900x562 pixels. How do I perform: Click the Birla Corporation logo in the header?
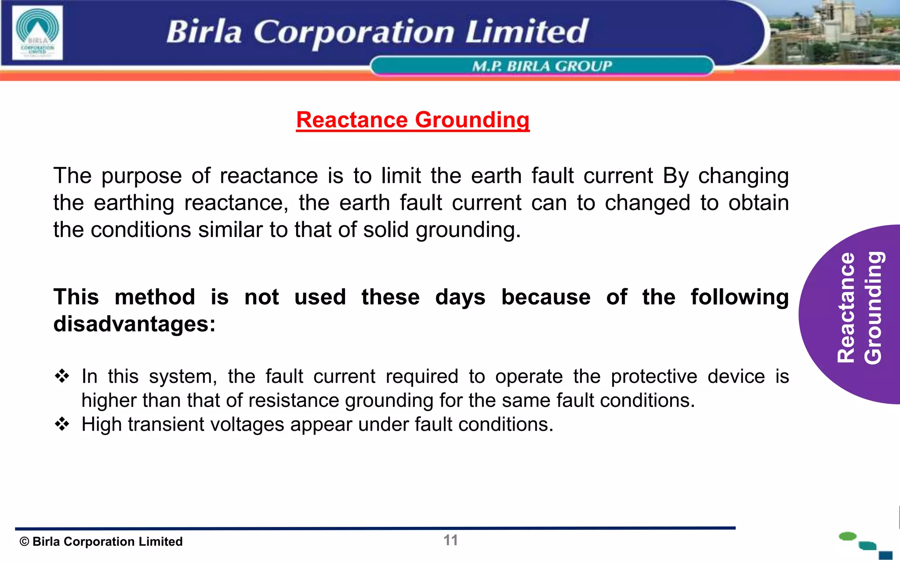tap(38, 33)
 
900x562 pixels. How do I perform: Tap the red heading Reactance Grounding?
tap(413, 120)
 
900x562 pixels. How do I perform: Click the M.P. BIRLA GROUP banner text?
tap(541, 66)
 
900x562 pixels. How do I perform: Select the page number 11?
tap(450, 540)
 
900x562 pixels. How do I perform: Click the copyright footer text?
tap(101, 542)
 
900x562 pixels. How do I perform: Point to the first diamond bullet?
tap(62, 376)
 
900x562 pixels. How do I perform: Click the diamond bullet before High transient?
tap(62, 424)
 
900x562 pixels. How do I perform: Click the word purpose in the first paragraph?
tap(142, 176)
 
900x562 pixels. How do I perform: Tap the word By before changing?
tap(675, 176)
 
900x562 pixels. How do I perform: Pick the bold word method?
tap(155, 297)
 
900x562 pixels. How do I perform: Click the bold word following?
tap(739, 297)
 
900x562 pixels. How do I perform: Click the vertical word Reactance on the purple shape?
tap(846, 307)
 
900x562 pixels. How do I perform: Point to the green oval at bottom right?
tap(847, 536)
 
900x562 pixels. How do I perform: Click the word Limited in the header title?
tap(526, 32)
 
